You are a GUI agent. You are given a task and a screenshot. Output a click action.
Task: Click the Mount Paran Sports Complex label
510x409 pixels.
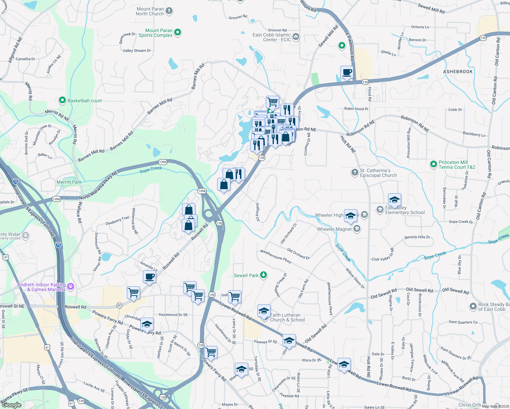click(155, 33)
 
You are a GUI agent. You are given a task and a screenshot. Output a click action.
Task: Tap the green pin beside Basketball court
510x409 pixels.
click(62, 100)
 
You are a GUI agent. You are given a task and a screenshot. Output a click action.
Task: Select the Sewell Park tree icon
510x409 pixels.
click(263, 275)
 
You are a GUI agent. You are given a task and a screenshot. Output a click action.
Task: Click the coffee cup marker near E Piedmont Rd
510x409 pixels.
click(347, 73)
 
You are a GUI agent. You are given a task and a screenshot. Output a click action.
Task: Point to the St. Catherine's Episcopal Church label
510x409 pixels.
click(378, 173)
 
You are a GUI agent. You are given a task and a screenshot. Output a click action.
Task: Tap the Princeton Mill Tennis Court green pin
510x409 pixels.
click(433, 165)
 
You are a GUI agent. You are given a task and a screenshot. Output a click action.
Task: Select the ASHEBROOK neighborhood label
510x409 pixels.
click(458, 72)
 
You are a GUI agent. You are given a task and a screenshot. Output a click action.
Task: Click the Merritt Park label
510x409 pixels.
click(69, 182)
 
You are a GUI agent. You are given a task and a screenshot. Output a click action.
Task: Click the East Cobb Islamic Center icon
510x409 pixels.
click(296, 36)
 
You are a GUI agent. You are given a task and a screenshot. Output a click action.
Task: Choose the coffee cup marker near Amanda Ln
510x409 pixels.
click(149, 276)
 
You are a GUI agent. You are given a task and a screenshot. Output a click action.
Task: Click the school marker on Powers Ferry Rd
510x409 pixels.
click(147, 324)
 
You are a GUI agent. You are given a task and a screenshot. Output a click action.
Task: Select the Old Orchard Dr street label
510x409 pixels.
click(298, 254)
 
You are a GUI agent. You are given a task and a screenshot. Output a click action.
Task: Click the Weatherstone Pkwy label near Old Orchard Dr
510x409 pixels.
click(276, 256)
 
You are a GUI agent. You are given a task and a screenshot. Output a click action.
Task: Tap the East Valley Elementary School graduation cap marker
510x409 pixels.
click(394, 200)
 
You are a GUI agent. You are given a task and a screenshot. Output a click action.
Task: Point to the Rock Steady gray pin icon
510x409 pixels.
click(473, 306)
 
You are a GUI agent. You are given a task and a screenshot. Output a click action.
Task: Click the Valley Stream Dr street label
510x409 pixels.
click(137, 50)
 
